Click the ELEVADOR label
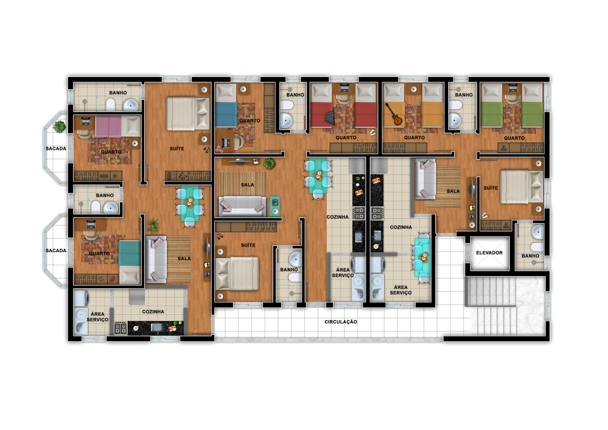coord(489,252)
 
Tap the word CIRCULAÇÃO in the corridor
coord(340,322)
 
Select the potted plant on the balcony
coord(59,127)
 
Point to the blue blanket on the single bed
coord(226,114)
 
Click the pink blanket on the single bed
coord(108,126)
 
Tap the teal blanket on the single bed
coord(129,253)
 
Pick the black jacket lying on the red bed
coord(330,117)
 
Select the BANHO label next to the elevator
coord(530,256)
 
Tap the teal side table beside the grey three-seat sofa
coord(275,206)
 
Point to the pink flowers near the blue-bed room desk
coord(218,149)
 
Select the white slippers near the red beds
coord(372,133)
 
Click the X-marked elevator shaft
coord(490,254)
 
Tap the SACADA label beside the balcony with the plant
coord(55,149)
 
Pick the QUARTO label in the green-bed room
coord(514,138)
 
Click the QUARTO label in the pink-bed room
coord(111,152)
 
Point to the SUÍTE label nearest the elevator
coord(491,188)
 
